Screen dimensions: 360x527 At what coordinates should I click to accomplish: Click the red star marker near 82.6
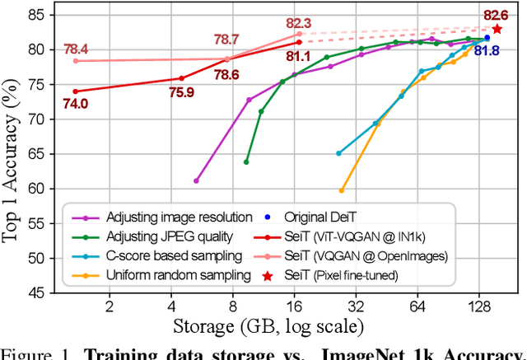tap(497, 29)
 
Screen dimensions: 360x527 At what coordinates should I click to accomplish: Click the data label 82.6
tap(495, 14)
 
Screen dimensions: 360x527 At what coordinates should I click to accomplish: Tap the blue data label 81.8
tap(487, 51)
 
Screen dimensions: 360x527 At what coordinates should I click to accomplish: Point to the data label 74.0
tap(75, 104)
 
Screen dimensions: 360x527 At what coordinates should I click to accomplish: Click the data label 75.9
tap(181, 92)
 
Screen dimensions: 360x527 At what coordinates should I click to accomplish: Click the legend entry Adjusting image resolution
tap(179, 217)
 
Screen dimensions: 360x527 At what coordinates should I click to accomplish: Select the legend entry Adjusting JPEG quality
tap(170, 236)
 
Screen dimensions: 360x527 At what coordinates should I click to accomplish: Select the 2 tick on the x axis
tap(109, 307)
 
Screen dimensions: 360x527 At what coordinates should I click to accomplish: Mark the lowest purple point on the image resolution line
tap(196, 180)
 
